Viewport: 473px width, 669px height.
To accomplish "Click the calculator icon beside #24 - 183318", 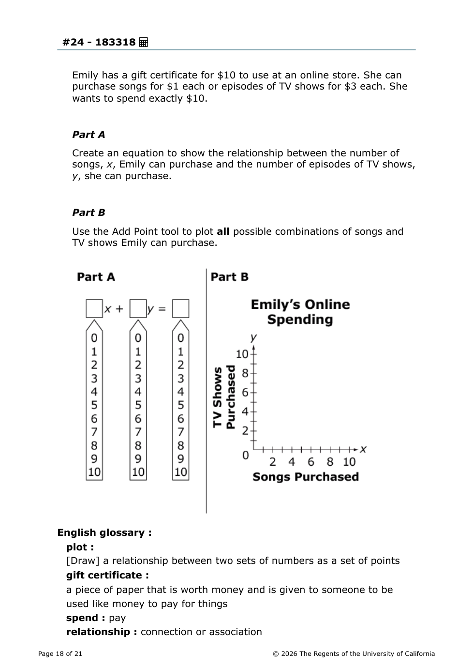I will click(143, 42).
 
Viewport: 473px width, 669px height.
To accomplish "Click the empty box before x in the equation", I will click(94, 308).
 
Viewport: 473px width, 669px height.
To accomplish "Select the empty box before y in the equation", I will click(138, 308).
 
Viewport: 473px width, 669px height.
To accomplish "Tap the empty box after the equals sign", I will click(180, 308).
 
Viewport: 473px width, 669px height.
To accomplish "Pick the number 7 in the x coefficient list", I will click(94, 432).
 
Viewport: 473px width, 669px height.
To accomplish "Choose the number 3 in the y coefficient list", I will click(138, 378).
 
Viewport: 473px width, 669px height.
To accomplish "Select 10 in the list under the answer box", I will click(180, 472).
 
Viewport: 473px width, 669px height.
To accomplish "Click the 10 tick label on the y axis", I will click(242, 354).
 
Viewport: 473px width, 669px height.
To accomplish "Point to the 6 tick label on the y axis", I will click(245, 393).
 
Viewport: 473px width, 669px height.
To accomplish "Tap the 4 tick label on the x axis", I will click(292, 462).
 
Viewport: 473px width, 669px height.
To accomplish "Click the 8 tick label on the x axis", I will click(330, 462).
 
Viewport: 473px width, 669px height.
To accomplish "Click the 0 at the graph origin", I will click(246, 455).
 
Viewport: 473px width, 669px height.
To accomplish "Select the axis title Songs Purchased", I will click(305, 477).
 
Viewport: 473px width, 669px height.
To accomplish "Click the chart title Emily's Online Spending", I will click(300, 312).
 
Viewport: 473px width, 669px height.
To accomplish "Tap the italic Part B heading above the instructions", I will click(89, 213).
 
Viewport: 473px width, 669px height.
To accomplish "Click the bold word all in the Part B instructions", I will click(223, 231).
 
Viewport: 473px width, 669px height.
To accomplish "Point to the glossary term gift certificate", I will click(107, 575).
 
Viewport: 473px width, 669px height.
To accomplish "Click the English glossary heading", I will click(104, 532).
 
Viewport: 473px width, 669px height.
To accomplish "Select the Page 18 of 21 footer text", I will click(60, 654).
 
